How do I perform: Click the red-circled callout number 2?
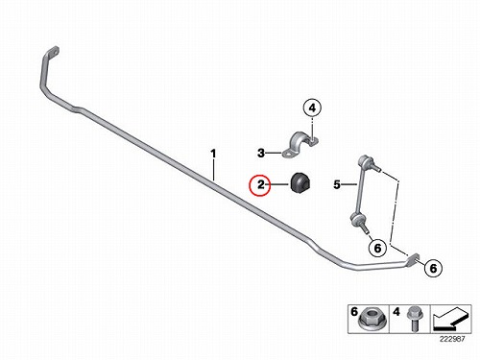coord(260,185)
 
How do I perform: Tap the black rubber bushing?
coord(300,183)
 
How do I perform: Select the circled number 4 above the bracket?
coord(312,108)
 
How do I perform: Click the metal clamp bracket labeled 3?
coord(300,145)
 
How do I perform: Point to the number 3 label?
coord(261,154)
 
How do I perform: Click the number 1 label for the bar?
coord(213,154)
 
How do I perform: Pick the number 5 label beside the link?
coord(337,184)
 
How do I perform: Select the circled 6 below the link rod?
coord(377,249)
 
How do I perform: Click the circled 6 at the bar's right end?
coord(433,268)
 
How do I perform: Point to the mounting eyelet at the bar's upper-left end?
coord(53,52)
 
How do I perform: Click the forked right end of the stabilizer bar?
coord(414,259)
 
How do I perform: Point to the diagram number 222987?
coord(452,339)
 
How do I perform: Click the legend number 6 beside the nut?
coord(354,311)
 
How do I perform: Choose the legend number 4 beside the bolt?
coord(396,312)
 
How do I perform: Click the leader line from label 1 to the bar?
coord(214,171)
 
